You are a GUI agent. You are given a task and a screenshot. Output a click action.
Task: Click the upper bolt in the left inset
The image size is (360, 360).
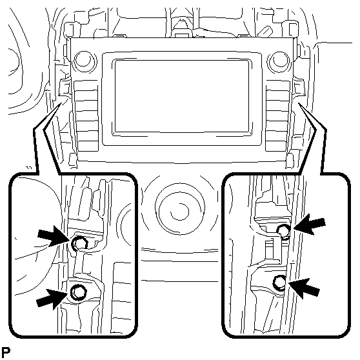click(x=79, y=244)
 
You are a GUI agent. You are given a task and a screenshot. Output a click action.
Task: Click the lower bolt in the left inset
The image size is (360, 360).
click(x=79, y=292)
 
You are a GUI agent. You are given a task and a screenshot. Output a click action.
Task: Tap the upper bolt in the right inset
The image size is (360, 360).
click(x=284, y=231)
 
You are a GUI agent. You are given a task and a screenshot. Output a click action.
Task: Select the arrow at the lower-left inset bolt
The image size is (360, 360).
click(x=52, y=299)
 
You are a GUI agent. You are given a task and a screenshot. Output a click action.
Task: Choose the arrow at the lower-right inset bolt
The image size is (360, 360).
click(x=304, y=288)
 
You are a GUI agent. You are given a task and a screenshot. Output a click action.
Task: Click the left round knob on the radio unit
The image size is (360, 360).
click(x=84, y=61)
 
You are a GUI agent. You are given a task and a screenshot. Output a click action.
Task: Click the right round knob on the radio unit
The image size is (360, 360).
click(x=278, y=61)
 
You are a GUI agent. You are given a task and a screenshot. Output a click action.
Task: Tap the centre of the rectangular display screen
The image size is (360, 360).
click(x=182, y=96)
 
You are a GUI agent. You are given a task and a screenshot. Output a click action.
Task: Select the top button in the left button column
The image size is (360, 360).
click(x=86, y=85)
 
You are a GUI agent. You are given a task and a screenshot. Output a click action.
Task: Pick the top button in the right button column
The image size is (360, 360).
click(x=278, y=85)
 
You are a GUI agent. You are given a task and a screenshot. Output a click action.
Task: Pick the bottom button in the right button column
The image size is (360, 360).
click(x=276, y=146)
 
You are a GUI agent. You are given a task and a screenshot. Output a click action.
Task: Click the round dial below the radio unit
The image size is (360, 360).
click(x=180, y=211)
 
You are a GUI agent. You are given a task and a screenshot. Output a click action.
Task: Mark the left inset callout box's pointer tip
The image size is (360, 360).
click(x=61, y=103)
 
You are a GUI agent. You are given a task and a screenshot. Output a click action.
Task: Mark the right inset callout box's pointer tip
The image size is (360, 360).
click(x=299, y=103)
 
